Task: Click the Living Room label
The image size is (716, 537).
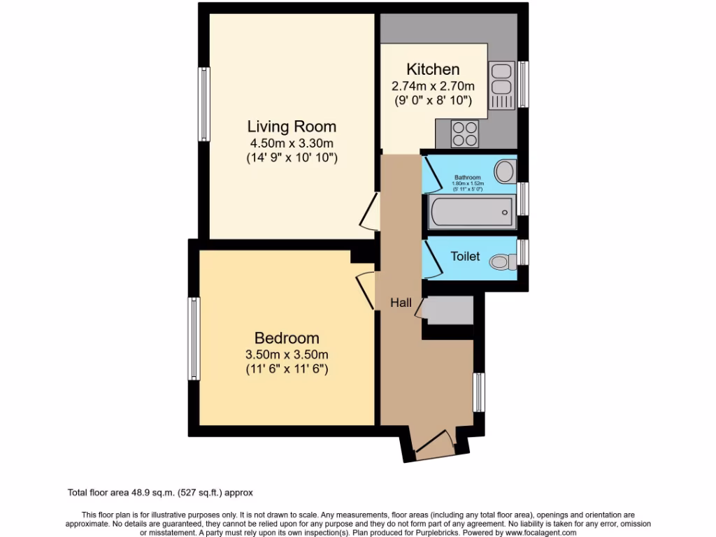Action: point(292,127)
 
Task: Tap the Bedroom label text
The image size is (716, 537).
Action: point(287,337)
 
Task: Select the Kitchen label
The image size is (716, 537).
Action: point(433,69)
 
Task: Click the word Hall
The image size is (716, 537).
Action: point(401,303)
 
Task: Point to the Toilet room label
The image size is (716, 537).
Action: point(465,257)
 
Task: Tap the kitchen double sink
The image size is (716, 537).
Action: point(501,78)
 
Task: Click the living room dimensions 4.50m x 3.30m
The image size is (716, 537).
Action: point(292,143)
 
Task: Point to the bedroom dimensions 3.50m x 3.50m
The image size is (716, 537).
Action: point(287,354)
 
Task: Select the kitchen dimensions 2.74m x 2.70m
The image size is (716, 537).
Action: point(433,87)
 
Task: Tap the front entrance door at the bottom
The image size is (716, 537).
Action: point(432,445)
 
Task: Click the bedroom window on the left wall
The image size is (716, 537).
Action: point(194,338)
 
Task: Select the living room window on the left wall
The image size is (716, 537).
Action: point(203,103)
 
